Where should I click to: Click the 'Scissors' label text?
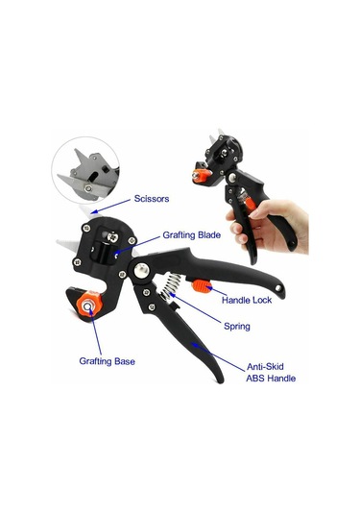click(x=152, y=199)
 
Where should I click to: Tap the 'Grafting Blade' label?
click(x=192, y=235)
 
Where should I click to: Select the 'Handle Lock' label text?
click(x=247, y=300)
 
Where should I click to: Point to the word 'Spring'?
click(x=237, y=326)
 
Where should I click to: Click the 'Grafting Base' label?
click(x=108, y=361)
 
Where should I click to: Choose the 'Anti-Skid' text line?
click(x=265, y=366)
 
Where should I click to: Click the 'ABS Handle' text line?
click(x=271, y=379)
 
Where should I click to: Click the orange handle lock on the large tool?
click(x=202, y=287)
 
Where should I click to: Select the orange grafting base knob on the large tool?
click(x=88, y=306)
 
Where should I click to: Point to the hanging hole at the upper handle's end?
click(x=278, y=288)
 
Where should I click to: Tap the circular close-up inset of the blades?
click(x=85, y=170)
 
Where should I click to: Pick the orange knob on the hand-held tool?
click(x=200, y=175)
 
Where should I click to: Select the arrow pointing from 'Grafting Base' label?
click(x=96, y=331)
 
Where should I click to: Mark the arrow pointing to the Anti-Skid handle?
click(x=218, y=357)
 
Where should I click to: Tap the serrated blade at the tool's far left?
click(x=67, y=245)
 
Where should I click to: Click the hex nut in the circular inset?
click(x=88, y=188)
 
